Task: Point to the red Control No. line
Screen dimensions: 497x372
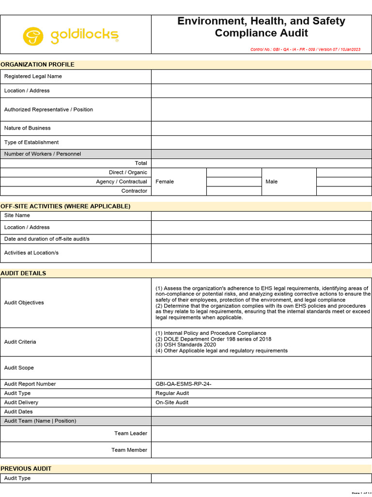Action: (x=305, y=50)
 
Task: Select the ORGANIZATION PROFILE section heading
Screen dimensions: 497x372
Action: (x=37, y=65)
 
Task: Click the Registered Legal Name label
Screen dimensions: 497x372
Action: (x=33, y=76)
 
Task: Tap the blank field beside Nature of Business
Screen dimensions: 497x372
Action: (x=261, y=128)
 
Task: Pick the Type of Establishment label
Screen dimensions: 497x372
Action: (x=31, y=142)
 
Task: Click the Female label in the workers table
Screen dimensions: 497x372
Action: (x=165, y=182)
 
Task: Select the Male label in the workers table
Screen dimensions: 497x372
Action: (x=272, y=182)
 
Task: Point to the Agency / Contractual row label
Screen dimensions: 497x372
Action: (x=122, y=182)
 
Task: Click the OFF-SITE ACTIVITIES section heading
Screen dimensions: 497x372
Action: (x=65, y=206)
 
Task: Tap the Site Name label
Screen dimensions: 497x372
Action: (x=17, y=215)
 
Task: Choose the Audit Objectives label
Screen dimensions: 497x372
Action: (x=24, y=302)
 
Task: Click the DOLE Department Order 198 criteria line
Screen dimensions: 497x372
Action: (x=213, y=339)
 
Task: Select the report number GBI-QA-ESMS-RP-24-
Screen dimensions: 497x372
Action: (x=184, y=384)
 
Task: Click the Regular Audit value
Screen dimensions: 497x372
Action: (x=172, y=393)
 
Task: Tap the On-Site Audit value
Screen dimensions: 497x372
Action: (x=172, y=402)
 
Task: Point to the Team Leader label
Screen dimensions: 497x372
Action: (x=131, y=433)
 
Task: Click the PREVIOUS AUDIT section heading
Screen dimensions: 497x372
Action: (x=26, y=469)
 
